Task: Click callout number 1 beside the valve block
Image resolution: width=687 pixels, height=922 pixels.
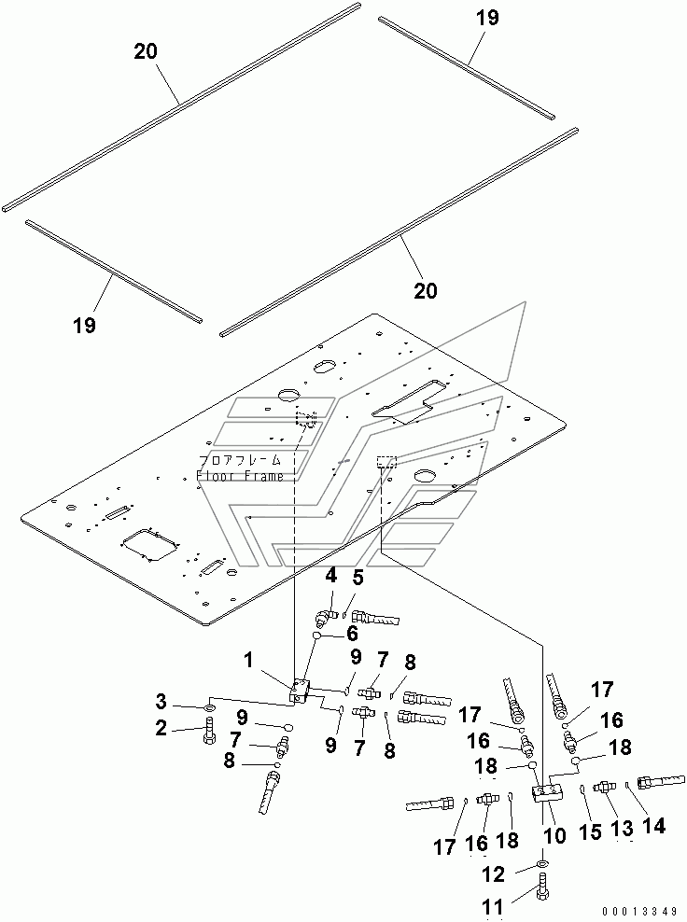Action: [249, 661]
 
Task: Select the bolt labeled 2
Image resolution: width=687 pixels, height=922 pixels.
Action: [209, 731]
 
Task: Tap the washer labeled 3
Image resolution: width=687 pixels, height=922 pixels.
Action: [211, 705]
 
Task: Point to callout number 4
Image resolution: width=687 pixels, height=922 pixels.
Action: [331, 575]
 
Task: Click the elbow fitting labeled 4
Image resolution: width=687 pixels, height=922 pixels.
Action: [322, 617]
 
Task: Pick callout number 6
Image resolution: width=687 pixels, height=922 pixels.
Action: [352, 634]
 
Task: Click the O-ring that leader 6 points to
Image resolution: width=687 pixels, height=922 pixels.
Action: [316, 636]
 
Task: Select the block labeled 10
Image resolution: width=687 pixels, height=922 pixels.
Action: [547, 793]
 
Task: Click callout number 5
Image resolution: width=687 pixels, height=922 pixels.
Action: [358, 578]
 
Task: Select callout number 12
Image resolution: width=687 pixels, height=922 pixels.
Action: [494, 874]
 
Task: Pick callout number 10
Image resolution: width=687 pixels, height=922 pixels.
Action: [554, 835]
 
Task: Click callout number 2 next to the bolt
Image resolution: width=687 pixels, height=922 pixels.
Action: [161, 729]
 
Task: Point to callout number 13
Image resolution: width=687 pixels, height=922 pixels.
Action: [623, 828]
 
